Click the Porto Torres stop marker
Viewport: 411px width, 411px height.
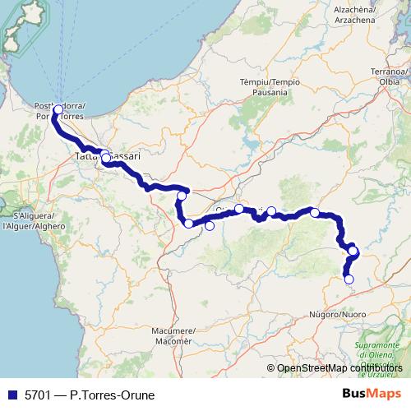pos(58,109)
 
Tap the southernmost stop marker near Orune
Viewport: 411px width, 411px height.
pos(349,279)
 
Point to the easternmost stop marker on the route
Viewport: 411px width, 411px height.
pos(353,251)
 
